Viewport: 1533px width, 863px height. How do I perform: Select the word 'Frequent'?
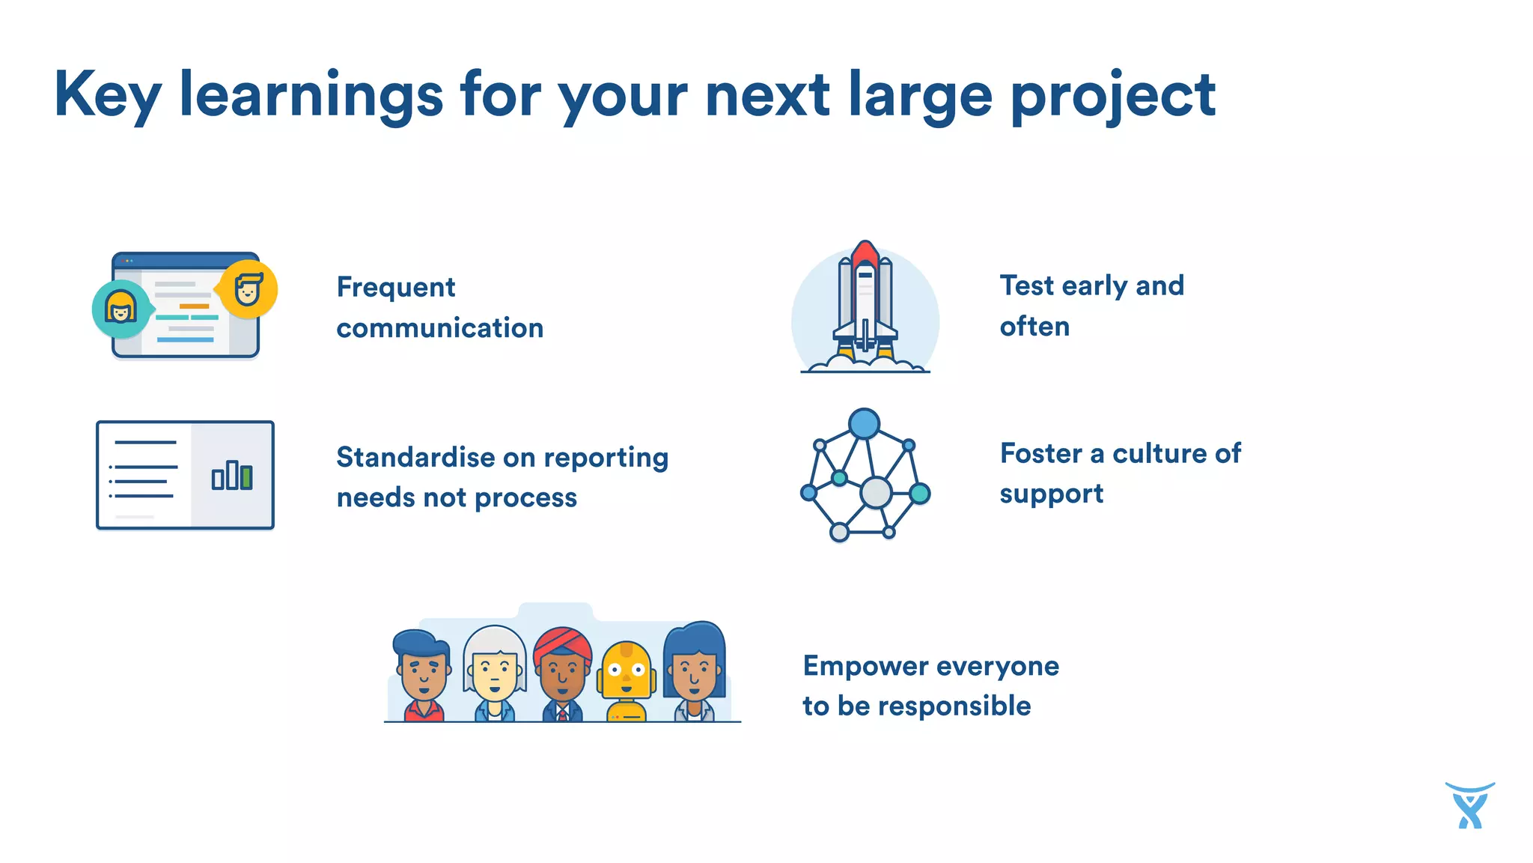[x=395, y=287]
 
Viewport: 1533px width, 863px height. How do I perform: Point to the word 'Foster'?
[x=1041, y=453]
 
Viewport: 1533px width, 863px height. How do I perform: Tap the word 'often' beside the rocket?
[x=1034, y=327]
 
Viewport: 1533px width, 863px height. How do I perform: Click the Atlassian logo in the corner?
[x=1469, y=806]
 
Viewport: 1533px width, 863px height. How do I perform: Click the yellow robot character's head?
[x=627, y=669]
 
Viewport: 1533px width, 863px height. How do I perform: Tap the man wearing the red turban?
[x=562, y=667]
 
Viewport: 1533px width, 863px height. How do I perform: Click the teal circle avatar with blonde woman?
[x=121, y=308]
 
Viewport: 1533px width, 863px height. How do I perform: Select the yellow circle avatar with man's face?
[x=249, y=289]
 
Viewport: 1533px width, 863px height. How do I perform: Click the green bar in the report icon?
[x=247, y=477]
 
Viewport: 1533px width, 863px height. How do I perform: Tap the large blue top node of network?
[x=864, y=424]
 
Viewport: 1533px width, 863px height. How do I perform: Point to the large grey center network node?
[x=875, y=492]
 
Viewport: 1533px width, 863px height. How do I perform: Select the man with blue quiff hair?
[x=423, y=667]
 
